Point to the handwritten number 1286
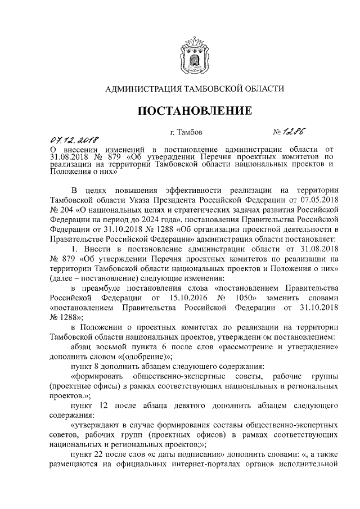[299, 133]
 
